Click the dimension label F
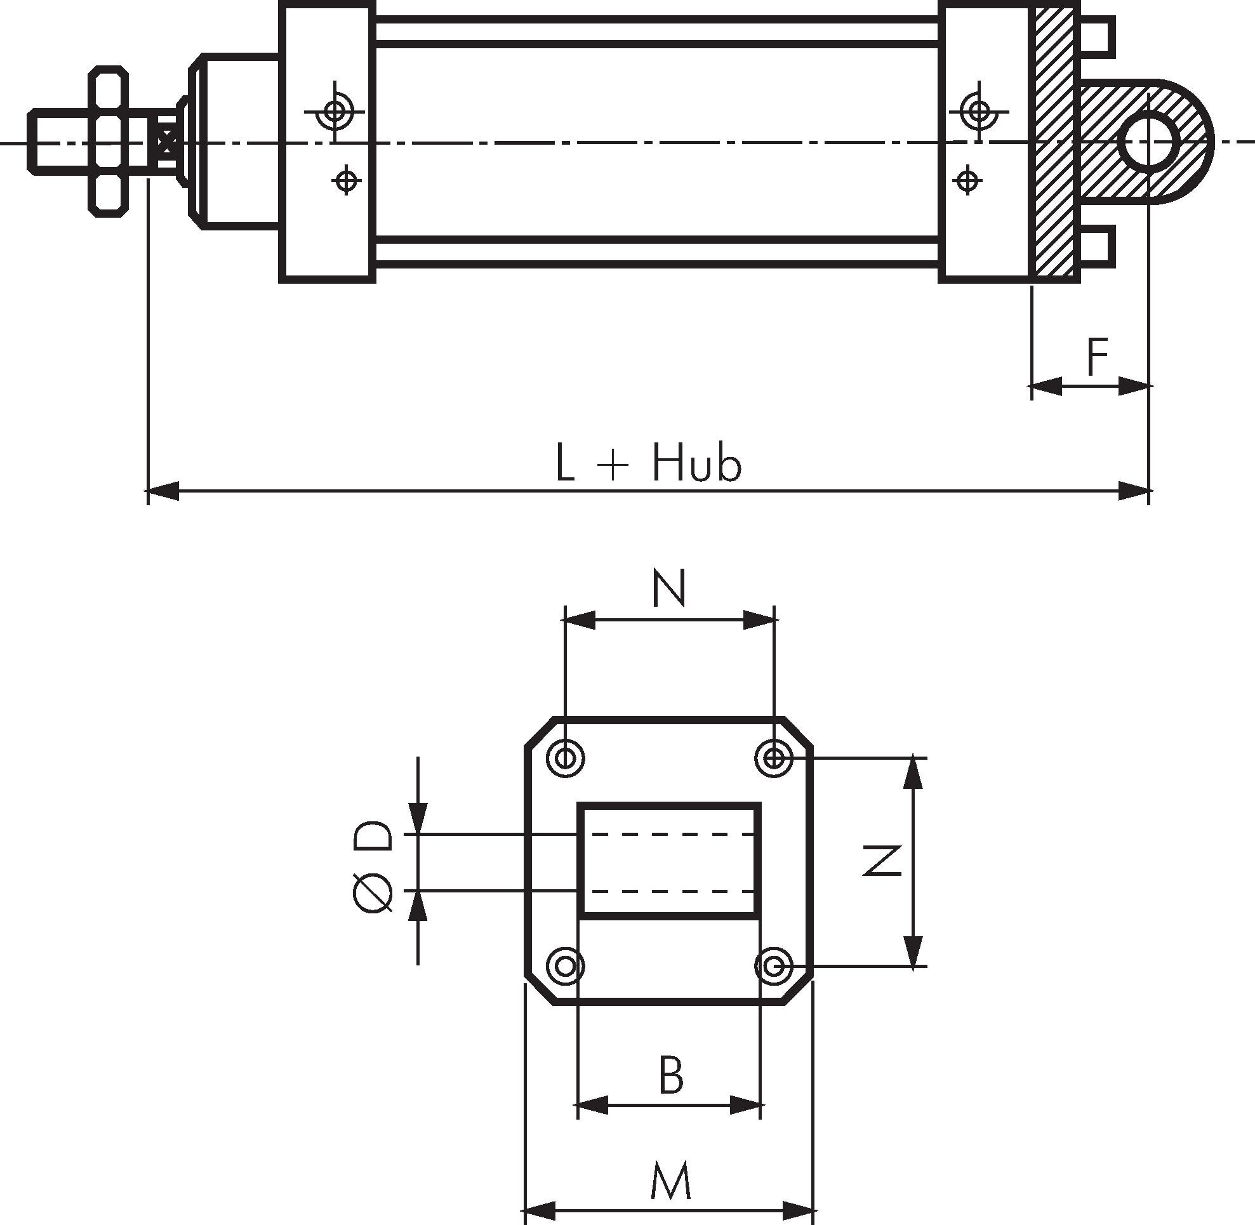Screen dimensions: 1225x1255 1097,357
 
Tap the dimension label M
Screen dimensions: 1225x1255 670,1181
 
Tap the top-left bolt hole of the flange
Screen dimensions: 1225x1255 565,758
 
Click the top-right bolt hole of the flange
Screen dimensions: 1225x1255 774,758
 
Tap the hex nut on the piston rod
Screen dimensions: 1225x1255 108,140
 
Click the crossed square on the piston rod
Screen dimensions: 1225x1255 167,141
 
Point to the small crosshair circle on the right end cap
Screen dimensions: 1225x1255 966,180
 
